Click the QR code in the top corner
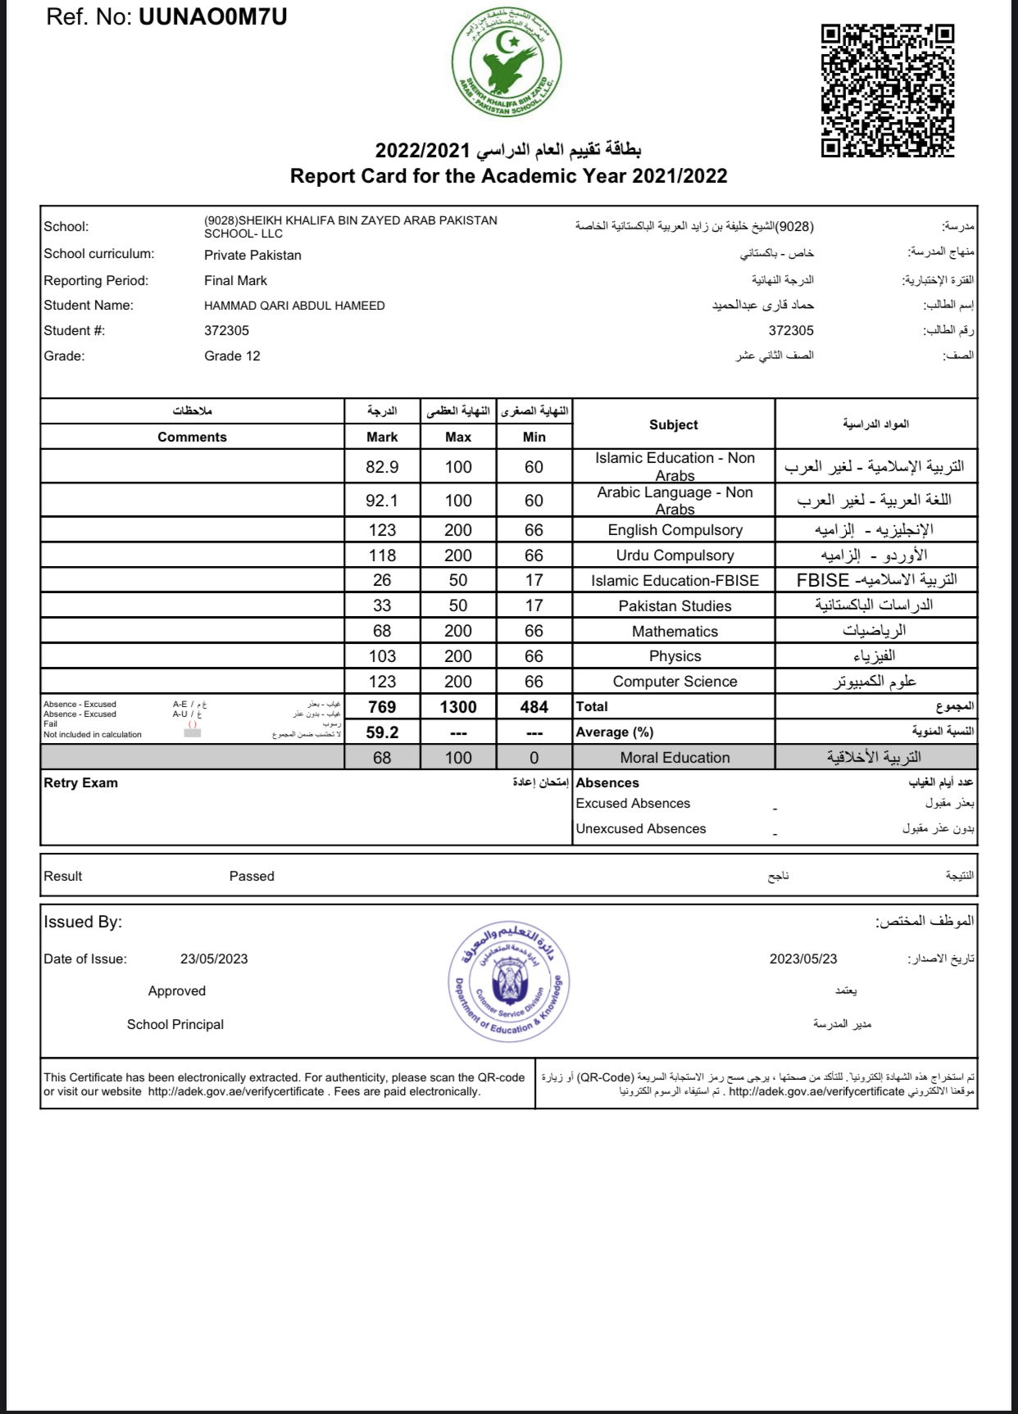888,90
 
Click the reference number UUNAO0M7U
213,17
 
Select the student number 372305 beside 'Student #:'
226,331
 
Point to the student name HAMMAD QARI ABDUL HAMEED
294,306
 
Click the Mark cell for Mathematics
382,631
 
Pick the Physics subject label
675,656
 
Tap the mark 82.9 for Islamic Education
382,467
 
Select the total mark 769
382,707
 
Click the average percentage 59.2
382,732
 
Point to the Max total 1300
458,707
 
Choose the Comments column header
192,437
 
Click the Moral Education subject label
675,758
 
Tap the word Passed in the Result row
252,877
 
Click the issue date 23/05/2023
214,959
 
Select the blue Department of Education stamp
509,982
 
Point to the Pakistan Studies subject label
675,606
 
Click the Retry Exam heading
80,783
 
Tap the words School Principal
175,1025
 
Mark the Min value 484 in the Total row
534,707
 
